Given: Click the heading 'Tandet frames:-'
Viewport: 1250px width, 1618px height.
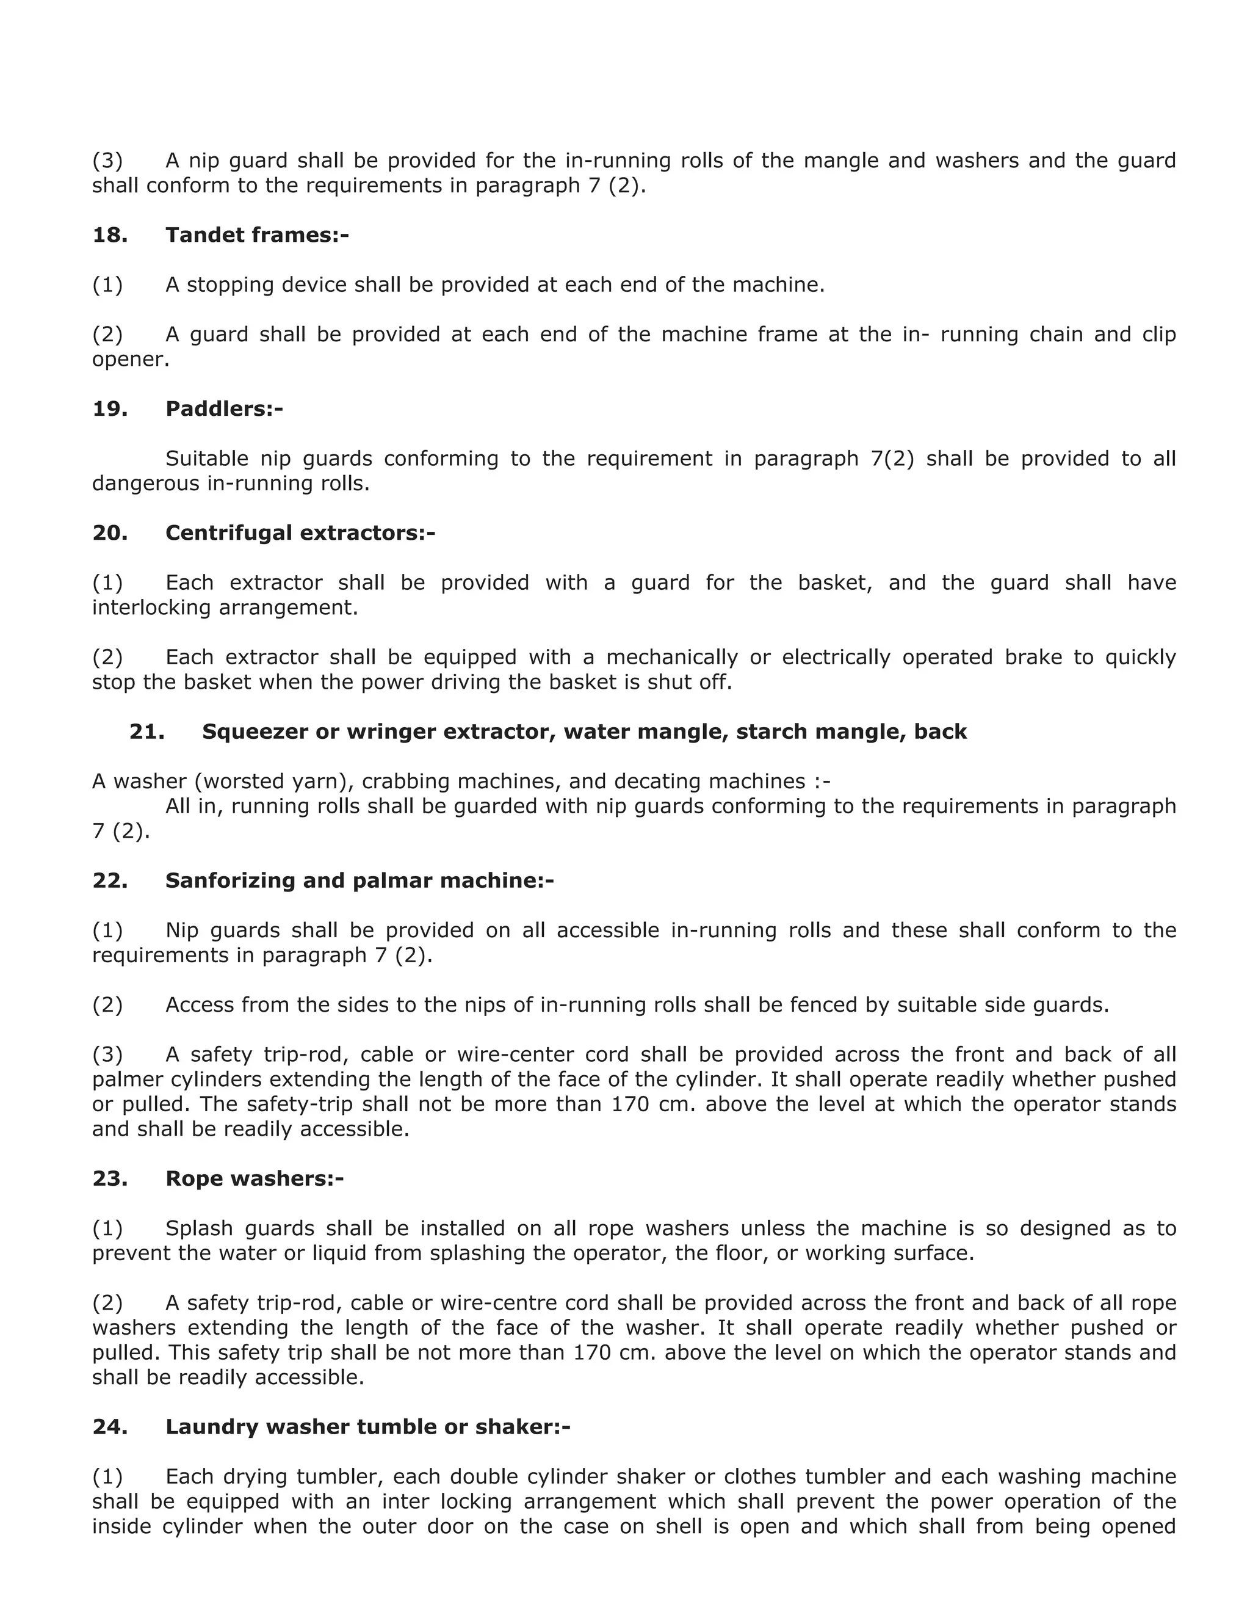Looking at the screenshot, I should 257,236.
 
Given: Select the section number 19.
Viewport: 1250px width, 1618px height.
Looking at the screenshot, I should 110,409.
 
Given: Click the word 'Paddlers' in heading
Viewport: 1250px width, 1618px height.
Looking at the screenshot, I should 219,409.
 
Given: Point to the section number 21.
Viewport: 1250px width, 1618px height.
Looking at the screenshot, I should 146,731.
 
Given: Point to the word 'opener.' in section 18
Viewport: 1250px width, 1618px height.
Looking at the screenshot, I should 131,360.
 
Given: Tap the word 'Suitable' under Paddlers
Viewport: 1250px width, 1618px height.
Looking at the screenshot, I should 207,459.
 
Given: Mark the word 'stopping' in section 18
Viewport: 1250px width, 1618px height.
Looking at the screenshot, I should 229,285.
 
